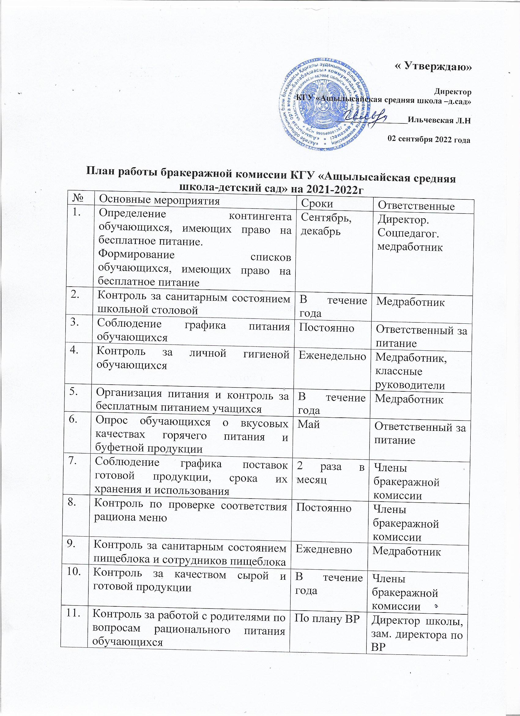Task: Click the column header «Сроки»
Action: (x=317, y=204)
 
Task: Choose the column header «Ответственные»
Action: (x=416, y=206)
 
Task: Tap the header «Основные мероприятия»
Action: (x=159, y=200)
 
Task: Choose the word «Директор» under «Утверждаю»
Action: (x=453, y=92)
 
